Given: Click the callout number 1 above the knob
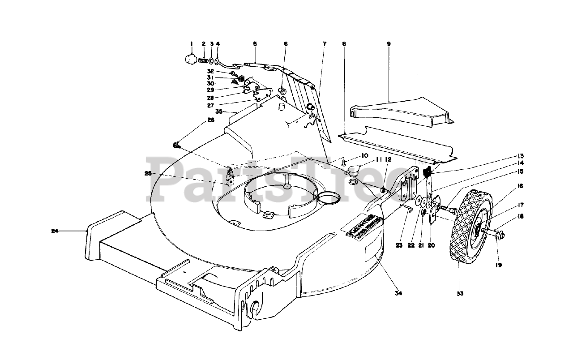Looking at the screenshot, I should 191,44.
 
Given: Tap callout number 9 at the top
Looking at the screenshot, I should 389,44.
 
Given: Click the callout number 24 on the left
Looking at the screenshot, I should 55,231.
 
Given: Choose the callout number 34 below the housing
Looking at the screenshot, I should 398,293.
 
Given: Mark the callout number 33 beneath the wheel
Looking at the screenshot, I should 460,294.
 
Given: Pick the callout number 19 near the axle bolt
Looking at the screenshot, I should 498,265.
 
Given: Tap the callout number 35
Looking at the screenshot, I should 218,111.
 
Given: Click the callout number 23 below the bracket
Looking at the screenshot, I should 399,245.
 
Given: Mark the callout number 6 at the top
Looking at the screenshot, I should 286,44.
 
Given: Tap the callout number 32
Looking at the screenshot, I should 210,71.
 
